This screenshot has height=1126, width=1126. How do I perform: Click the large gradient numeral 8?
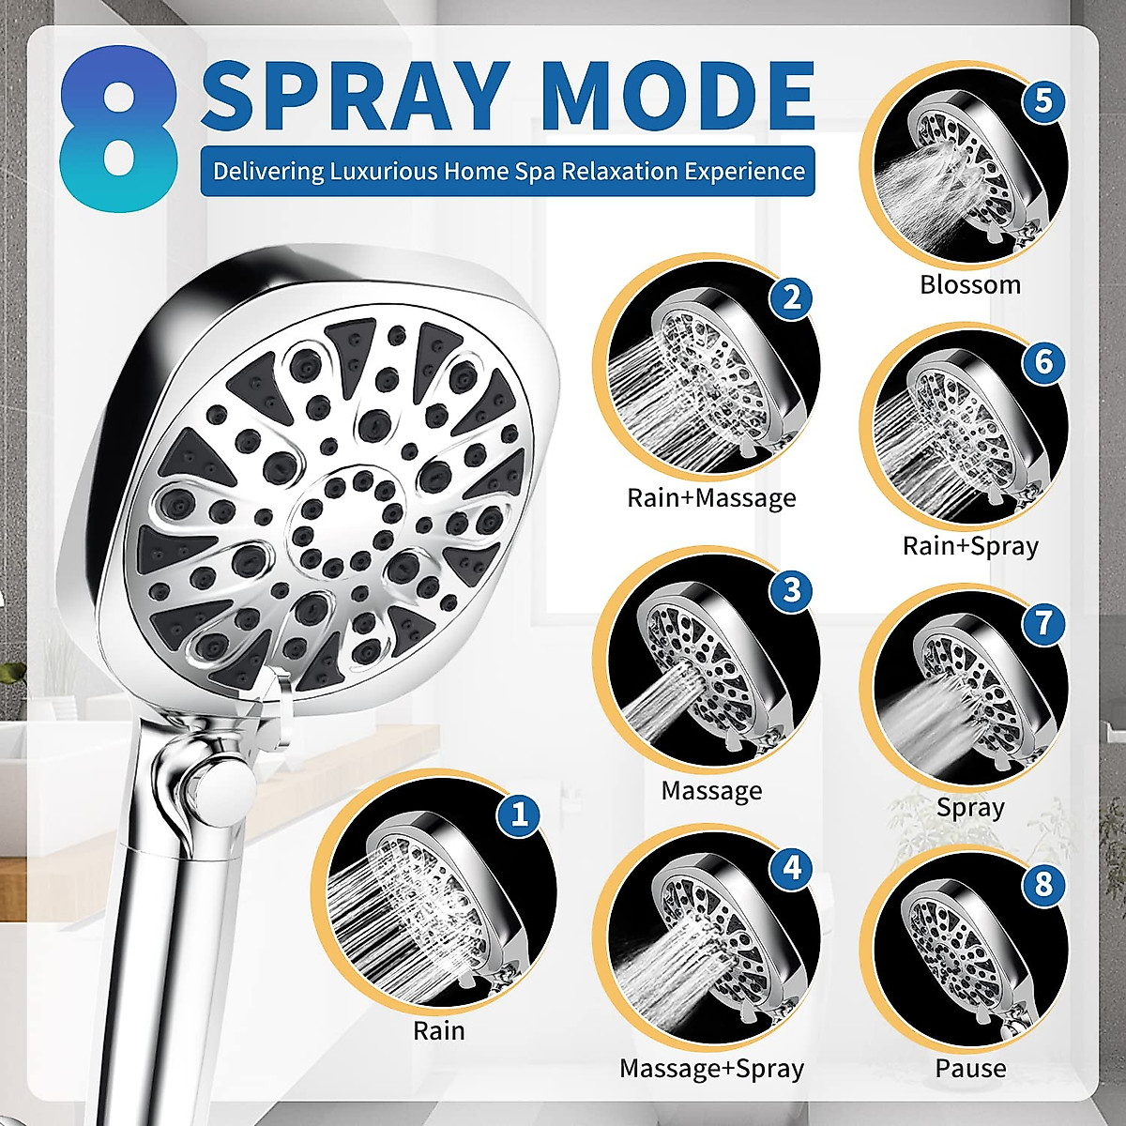119,127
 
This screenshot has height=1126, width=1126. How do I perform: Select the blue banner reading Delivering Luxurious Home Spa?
508,171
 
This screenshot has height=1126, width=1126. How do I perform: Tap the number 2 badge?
790,297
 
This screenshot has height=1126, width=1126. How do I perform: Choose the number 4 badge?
791,868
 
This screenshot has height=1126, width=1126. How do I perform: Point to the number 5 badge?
1042,100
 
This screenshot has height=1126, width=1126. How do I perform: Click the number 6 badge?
1043,362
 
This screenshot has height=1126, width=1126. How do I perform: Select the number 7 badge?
1043,624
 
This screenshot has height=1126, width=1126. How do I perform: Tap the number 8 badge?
1043,885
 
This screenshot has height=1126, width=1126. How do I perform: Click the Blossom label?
969,284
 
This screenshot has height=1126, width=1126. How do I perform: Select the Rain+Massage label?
711,497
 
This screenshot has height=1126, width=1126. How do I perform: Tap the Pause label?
970,1068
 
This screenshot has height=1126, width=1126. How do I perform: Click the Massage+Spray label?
711,1068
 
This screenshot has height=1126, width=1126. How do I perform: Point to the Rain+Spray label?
970,545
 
